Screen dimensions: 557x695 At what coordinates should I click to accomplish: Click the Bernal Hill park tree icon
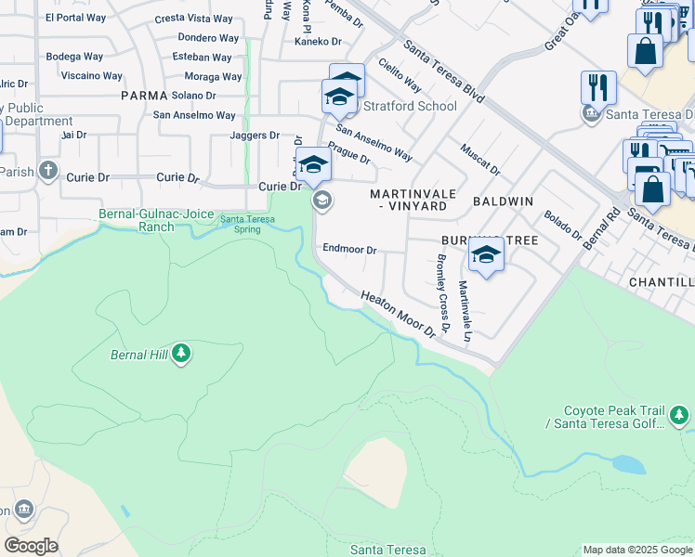point(181,354)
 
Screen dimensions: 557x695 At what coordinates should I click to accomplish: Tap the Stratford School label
point(410,106)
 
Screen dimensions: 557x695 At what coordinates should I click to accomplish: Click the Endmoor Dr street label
point(349,250)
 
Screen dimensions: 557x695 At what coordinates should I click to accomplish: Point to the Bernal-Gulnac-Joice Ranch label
point(137,220)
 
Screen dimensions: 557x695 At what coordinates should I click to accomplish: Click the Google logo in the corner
point(31,545)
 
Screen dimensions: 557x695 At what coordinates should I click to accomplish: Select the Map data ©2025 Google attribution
point(637,550)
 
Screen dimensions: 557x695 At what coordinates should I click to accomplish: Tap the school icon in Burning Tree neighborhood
point(486,255)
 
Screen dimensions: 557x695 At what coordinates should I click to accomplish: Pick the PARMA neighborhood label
point(144,96)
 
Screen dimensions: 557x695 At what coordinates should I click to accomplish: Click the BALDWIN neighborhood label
point(503,201)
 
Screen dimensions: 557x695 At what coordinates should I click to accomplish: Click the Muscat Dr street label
point(480,159)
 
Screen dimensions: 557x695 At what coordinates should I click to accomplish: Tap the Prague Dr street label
point(349,153)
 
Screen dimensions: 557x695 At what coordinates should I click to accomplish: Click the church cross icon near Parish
point(48,172)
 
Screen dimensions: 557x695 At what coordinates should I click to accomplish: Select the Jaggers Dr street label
point(255,136)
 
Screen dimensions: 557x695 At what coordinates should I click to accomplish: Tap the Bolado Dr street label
point(561,224)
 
